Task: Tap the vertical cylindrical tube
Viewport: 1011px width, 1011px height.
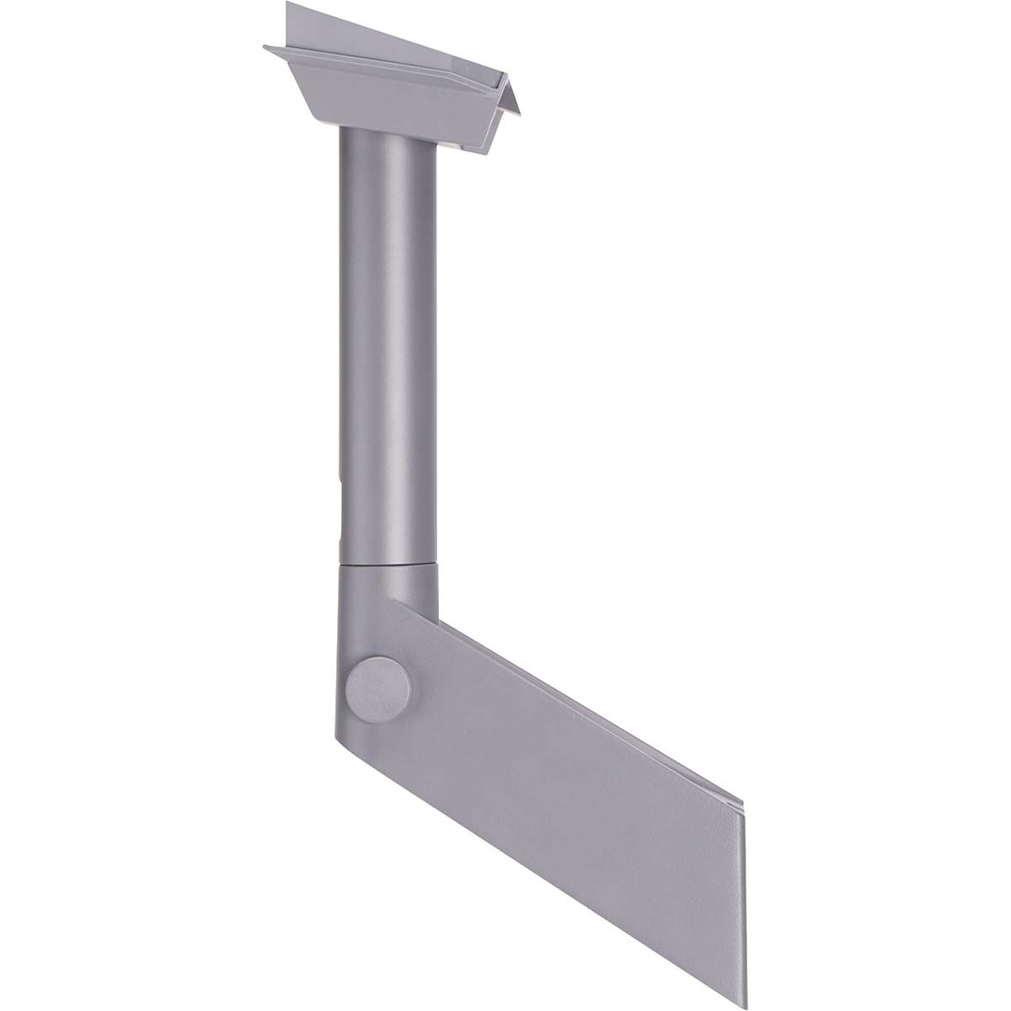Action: point(389,337)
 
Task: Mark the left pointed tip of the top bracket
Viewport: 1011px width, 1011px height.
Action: point(266,47)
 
